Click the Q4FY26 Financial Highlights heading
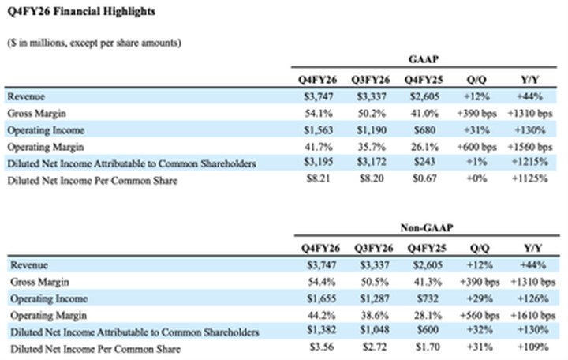(81, 12)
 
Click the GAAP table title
(424, 59)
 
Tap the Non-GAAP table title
(427, 227)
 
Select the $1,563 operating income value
(319, 130)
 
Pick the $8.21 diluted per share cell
(319, 178)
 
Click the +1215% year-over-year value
(529, 162)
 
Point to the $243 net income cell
(424, 162)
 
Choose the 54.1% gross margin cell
(319, 114)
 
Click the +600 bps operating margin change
(476, 147)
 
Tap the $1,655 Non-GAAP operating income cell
(322, 298)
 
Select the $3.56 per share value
(322, 347)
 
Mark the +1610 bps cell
(532, 316)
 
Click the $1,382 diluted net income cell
(322, 330)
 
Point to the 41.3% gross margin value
(428, 282)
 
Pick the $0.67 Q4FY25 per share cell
(424, 178)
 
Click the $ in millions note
(94, 43)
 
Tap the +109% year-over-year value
(532, 347)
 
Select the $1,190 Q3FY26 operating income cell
(372, 130)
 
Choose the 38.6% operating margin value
(375, 316)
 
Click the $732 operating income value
(428, 298)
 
